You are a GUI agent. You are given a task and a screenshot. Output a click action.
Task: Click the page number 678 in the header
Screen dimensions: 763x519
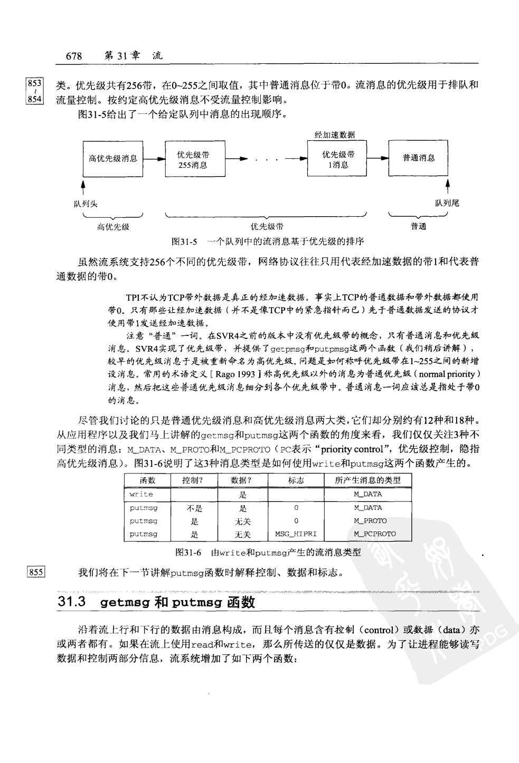(73, 56)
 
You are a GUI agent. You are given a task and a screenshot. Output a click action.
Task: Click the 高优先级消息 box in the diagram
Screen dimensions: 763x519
(113, 158)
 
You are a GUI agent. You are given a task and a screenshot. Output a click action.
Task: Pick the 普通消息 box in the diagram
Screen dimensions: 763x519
(418, 158)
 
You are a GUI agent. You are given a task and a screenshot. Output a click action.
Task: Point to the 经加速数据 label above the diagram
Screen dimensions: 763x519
(335, 135)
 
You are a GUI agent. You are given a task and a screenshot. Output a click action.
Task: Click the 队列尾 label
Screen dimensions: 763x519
(447, 204)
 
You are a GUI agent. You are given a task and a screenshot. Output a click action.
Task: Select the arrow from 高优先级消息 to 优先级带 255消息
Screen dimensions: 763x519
(154, 159)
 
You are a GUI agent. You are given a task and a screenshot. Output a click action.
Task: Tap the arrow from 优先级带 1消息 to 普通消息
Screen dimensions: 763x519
(377, 159)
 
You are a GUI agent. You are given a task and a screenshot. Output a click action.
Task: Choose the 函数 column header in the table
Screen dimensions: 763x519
(147, 480)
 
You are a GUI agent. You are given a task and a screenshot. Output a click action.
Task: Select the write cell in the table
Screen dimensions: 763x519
(141, 494)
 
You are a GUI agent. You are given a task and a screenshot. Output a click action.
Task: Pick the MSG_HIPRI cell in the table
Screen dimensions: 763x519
(296, 534)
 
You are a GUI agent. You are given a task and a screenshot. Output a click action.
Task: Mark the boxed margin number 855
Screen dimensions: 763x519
(35, 572)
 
